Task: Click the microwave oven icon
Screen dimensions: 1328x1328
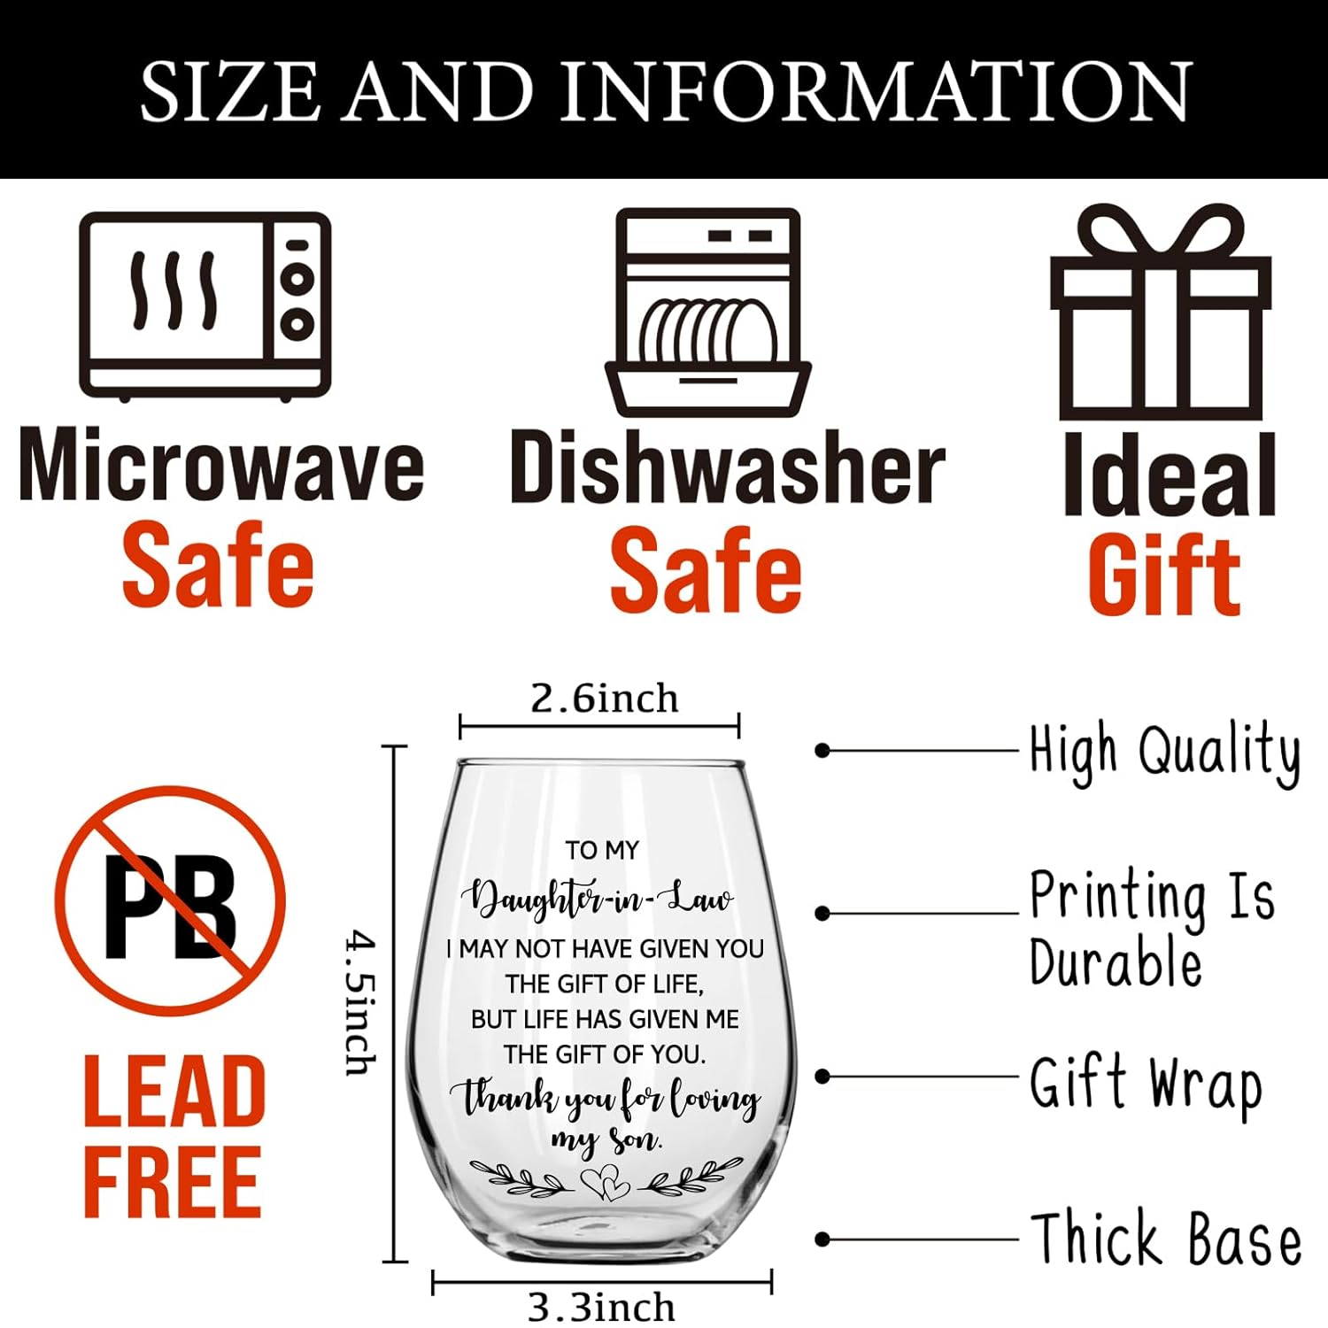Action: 205,306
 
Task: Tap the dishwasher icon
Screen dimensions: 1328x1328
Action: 708,312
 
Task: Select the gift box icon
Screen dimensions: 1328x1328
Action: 1161,312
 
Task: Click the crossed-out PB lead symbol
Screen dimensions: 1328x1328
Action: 171,900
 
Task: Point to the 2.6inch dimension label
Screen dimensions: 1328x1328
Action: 605,699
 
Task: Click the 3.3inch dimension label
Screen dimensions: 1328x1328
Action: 601,1307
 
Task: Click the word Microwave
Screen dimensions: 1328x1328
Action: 221,466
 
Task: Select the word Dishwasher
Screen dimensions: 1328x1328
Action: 728,467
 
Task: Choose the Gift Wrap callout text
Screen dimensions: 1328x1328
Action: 1147,1085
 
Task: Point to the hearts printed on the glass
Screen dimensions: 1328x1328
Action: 605,1181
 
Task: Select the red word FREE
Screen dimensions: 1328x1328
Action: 173,1181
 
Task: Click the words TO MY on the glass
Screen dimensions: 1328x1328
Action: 602,850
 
